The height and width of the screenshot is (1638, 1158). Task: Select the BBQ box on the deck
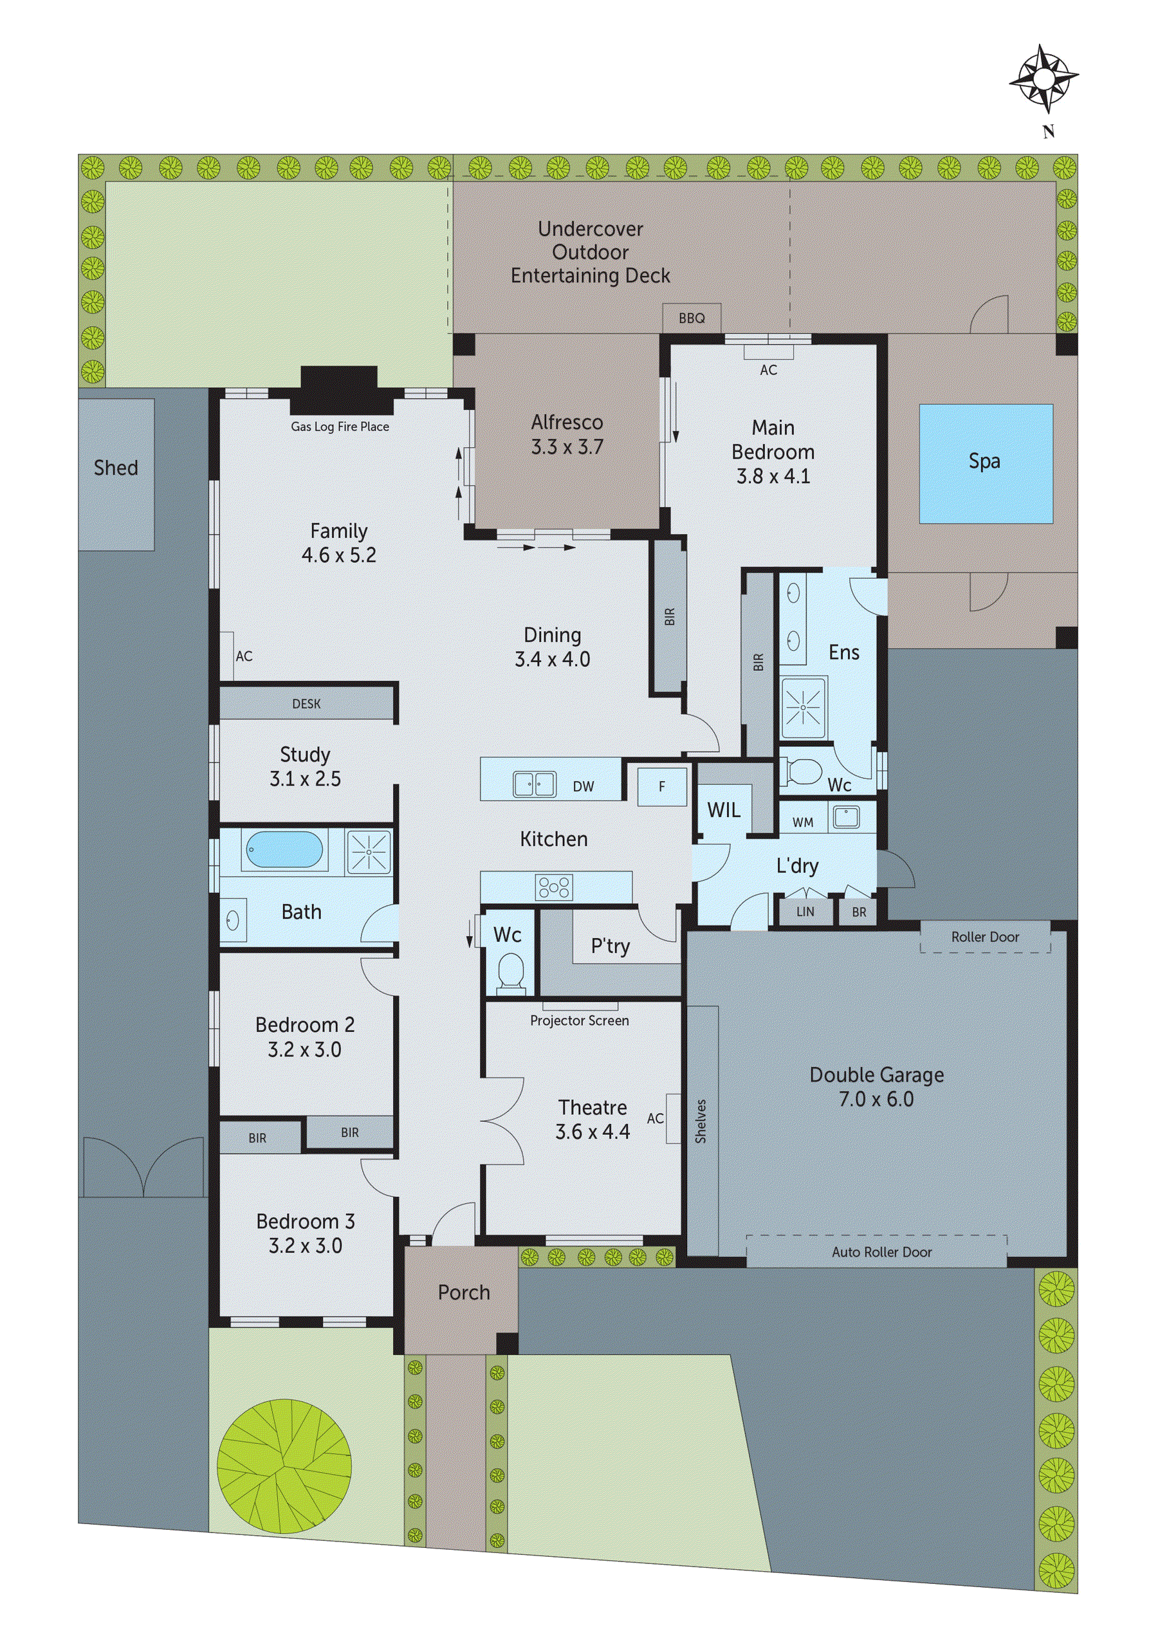click(x=691, y=318)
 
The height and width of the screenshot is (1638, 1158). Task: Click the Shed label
click(x=116, y=468)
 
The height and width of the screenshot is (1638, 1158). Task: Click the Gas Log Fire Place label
click(x=340, y=427)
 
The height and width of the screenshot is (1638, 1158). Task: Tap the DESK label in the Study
click(x=306, y=704)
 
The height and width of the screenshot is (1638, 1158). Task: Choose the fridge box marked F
click(x=661, y=786)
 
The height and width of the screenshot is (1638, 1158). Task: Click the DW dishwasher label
click(x=583, y=787)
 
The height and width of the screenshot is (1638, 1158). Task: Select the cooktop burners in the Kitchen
click(x=554, y=887)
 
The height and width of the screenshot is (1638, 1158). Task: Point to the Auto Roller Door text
click(x=881, y=1252)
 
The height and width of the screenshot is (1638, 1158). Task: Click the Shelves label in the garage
click(x=701, y=1121)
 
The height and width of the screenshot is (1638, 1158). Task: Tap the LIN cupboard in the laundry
click(x=805, y=912)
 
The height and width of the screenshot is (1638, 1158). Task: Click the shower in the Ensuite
click(x=803, y=707)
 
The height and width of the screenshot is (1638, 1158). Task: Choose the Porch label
click(x=464, y=1292)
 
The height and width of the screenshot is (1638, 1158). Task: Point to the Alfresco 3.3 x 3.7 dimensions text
click(x=567, y=447)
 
